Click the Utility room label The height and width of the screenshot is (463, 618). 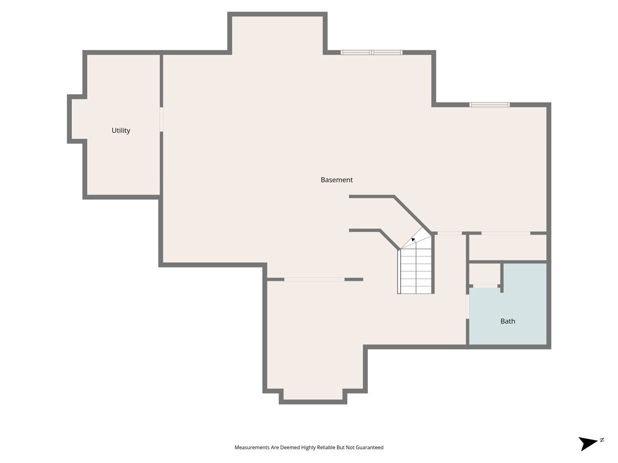121,131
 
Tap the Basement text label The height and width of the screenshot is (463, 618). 336,180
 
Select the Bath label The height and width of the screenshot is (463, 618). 508,321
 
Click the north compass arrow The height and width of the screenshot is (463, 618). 587,443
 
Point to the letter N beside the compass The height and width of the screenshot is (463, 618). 602,440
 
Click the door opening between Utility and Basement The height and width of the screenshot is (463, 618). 161,119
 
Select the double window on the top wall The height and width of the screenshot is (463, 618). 371,52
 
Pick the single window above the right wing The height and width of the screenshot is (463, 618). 489,105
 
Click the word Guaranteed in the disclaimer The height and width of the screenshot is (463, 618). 369,447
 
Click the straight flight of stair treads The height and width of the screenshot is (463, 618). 416,271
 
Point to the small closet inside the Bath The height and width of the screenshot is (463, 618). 485,274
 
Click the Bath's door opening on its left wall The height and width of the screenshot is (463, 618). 468,307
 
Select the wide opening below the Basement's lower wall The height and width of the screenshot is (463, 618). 314,279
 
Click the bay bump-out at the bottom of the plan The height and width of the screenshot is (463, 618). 313,395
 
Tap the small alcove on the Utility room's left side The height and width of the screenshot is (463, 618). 77,119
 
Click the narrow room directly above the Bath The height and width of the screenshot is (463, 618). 508,247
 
